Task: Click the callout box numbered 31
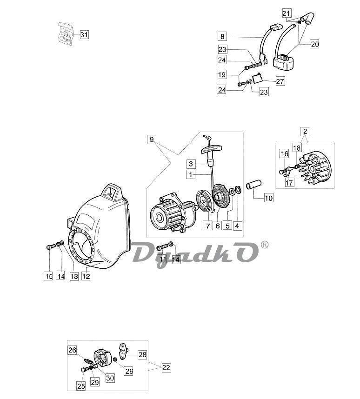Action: pos(84,34)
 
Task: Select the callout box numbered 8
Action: pos(222,36)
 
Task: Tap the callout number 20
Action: pos(315,44)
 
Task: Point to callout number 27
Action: pos(280,81)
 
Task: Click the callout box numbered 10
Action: pos(268,198)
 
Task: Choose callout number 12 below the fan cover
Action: pos(86,276)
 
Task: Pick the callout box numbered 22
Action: pos(166,368)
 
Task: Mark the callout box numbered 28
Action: pos(142,354)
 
